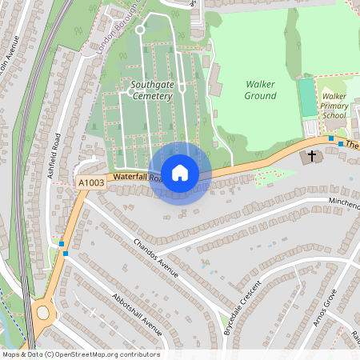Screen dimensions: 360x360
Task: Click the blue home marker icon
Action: coord(180,173)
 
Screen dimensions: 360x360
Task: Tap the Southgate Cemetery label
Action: coord(152,90)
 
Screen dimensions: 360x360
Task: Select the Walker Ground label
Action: coord(261,90)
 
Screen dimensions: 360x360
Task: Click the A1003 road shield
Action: coord(91,184)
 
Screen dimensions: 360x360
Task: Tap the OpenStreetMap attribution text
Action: coord(81,354)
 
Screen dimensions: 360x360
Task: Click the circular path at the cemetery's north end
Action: coord(139,30)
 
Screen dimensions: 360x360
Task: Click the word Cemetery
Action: coord(152,96)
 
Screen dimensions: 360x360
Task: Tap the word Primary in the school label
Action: coord(334,105)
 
